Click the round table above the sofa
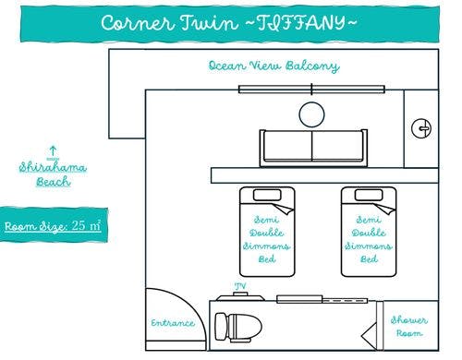[311, 114]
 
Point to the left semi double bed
[267, 230]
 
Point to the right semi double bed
[368, 230]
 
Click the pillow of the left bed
[267, 198]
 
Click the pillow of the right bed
[368, 198]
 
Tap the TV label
[242, 286]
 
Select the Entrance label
[173, 323]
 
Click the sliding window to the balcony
[311, 89]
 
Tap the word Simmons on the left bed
[267, 246]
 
